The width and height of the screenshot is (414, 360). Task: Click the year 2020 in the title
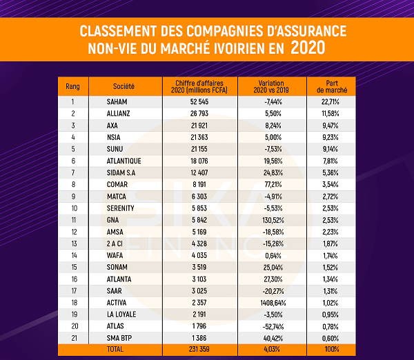pyautogui.click(x=308, y=48)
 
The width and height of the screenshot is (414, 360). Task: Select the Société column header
pyautogui.click(x=124, y=86)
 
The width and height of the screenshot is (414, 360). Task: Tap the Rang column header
pyautogui.click(x=72, y=86)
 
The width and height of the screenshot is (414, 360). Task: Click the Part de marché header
pyautogui.click(x=332, y=87)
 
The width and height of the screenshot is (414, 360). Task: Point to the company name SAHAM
pyautogui.click(x=117, y=101)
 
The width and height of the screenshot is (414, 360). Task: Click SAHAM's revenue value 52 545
pyautogui.click(x=199, y=101)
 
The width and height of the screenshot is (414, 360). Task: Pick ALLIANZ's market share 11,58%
pyautogui.click(x=331, y=114)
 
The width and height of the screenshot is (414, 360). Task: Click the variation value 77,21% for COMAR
pyautogui.click(x=273, y=184)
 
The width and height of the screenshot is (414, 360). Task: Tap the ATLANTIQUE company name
pyautogui.click(x=124, y=161)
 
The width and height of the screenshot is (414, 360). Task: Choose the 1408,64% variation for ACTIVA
pyautogui.click(x=273, y=303)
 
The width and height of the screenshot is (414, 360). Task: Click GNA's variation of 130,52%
pyautogui.click(x=273, y=220)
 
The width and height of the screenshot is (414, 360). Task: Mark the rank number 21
pyautogui.click(x=75, y=338)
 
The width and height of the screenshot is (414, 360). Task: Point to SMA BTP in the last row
pyautogui.click(x=119, y=338)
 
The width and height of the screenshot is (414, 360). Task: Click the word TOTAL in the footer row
pyautogui.click(x=115, y=349)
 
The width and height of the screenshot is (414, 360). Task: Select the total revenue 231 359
pyautogui.click(x=199, y=349)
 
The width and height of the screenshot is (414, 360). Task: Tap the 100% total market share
pyautogui.click(x=332, y=349)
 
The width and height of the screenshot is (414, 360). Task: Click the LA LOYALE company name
pyautogui.click(x=121, y=314)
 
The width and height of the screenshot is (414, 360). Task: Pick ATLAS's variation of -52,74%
pyautogui.click(x=273, y=326)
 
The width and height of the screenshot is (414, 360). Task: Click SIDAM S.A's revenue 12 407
pyautogui.click(x=199, y=172)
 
